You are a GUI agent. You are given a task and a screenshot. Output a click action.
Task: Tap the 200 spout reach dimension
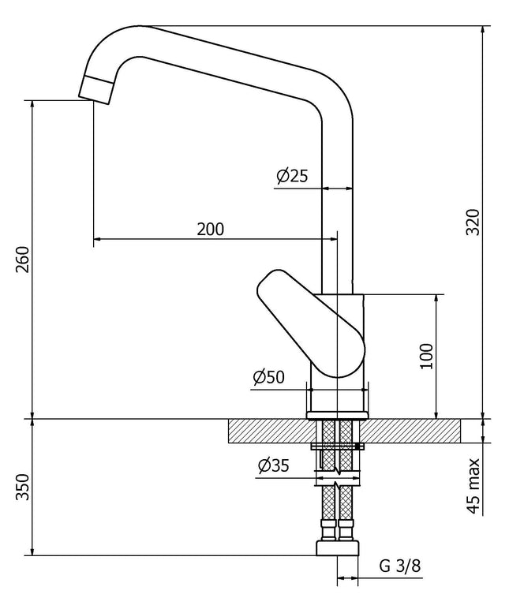(x=210, y=230)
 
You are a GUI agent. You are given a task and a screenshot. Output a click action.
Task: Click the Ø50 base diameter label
(x=268, y=378)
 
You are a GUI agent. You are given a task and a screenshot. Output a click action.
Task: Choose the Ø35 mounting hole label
(x=272, y=466)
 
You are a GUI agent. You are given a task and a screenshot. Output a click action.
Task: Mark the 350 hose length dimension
(x=21, y=488)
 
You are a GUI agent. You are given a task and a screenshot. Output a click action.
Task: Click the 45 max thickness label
(x=473, y=485)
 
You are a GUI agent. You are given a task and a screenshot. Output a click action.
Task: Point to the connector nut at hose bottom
(x=338, y=547)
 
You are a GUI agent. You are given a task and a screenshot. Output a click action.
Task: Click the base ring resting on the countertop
(x=338, y=413)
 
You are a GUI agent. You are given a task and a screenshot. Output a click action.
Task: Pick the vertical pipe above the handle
(x=338, y=213)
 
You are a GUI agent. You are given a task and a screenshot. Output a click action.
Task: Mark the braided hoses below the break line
(x=338, y=513)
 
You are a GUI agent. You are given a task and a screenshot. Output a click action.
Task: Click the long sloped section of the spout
(x=237, y=67)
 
